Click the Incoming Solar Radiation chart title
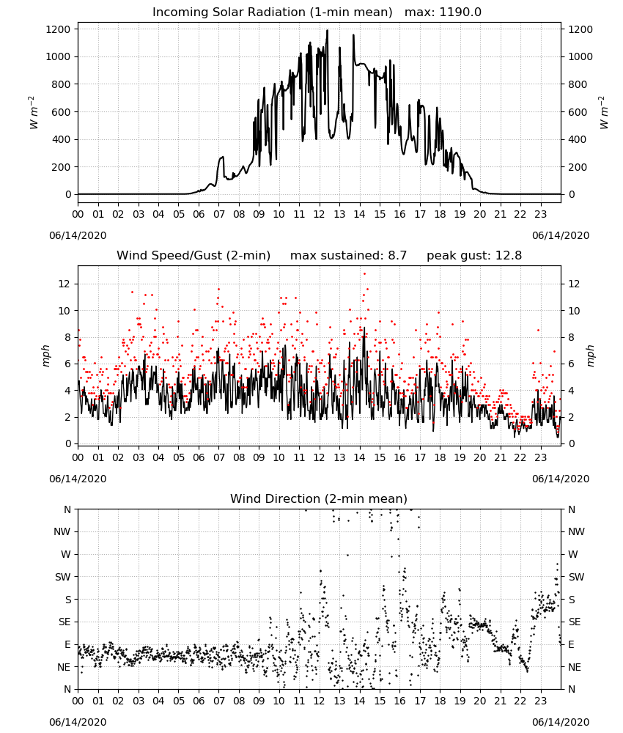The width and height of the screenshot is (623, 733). (273, 12)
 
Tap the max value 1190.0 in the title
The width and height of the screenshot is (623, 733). (460, 12)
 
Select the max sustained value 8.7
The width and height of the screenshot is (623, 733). (397, 255)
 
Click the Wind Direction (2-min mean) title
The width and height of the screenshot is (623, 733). (319, 498)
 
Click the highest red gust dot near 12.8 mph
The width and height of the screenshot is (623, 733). (364, 274)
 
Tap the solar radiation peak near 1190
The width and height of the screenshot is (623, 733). (327, 31)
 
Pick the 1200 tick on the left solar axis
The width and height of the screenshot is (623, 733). (58, 29)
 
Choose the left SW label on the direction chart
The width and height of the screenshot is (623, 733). (63, 577)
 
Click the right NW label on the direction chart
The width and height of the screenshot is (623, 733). (576, 531)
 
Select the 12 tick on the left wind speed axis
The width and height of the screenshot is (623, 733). (65, 284)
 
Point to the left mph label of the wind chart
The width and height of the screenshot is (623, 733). (45, 356)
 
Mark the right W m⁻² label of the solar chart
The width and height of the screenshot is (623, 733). (603, 113)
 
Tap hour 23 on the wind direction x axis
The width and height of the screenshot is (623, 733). (541, 701)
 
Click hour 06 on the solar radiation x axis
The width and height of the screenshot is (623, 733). (199, 215)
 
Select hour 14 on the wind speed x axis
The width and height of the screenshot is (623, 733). (359, 457)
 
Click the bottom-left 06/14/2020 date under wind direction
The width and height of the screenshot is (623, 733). (78, 722)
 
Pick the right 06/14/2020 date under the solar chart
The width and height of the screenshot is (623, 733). (561, 235)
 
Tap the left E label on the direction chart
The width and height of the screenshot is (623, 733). (67, 644)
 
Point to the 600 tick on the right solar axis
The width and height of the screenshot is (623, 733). (577, 112)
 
